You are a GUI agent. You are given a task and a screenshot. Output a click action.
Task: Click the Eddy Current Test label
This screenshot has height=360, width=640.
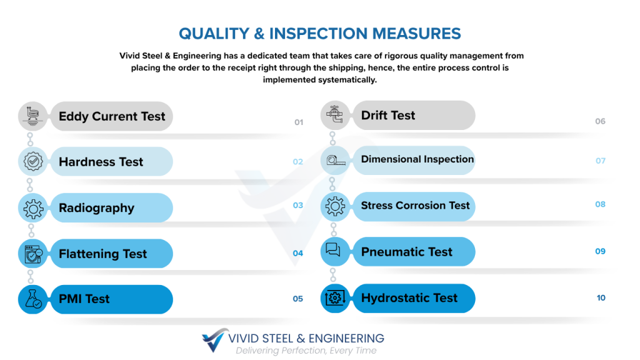click(x=112, y=116)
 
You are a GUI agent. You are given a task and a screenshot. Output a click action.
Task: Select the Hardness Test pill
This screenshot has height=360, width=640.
click(x=111, y=162)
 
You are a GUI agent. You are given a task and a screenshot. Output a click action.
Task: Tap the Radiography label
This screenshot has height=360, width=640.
click(x=96, y=208)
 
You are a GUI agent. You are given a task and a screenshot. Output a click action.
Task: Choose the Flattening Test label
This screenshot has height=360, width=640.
click(x=102, y=254)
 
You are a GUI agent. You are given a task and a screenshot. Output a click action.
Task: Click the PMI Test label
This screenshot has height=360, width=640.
click(x=84, y=299)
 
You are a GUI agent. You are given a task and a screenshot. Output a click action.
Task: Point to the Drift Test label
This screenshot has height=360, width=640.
click(x=387, y=116)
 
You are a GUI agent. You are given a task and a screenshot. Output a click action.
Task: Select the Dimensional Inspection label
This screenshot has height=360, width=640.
click(x=417, y=159)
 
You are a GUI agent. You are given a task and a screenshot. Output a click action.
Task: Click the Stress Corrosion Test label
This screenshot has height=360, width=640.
click(x=415, y=205)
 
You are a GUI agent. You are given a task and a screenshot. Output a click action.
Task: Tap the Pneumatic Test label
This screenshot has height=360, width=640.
click(x=406, y=252)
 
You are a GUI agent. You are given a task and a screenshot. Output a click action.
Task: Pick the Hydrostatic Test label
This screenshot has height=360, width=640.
click(x=409, y=298)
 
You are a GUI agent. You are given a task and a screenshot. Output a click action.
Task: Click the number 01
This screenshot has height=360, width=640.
click(x=299, y=122)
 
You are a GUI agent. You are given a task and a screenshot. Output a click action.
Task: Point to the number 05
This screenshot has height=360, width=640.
click(x=298, y=299)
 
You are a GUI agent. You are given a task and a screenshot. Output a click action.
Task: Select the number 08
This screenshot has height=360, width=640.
click(x=600, y=204)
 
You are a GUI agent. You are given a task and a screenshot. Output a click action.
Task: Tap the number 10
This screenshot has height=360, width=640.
click(x=601, y=298)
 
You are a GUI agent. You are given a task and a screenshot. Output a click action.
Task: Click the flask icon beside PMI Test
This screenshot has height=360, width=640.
click(x=33, y=299)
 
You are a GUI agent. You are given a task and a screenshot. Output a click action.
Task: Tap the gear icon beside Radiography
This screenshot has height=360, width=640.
click(x=33, y=209)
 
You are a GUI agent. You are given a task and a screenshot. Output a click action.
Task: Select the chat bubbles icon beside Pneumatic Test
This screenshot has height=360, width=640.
click(x=333, y=249)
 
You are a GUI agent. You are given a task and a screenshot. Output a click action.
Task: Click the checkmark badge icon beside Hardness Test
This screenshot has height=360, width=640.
click(x=33, y=162)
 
